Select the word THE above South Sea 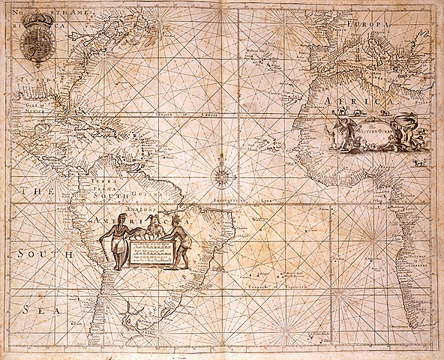(x=33, y=192)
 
